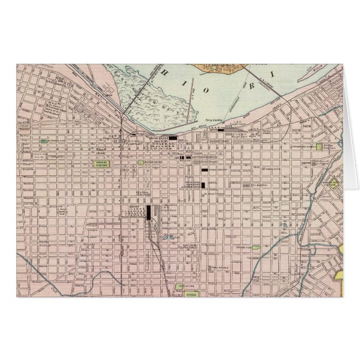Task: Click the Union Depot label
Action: click(158, 138)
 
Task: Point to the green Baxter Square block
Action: click(140, 163)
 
